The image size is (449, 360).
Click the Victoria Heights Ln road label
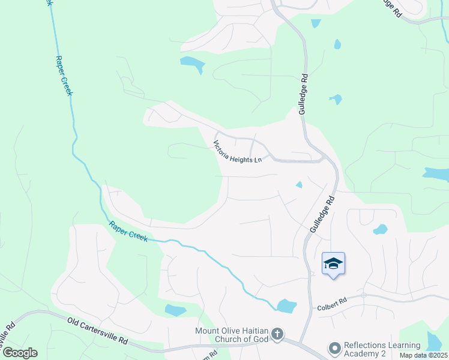[x=238, y=152]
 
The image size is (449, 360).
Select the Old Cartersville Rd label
[x=97, y=331]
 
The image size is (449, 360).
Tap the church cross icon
[x=277, y=333]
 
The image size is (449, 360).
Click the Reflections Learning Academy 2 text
[x=382, y=349]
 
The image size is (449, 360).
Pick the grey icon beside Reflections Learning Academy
[x=334, y=348]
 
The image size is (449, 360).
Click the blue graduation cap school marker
[x=333, y=263]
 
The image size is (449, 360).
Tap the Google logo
[x=19, y=353]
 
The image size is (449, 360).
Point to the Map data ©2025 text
[x=423, y=355]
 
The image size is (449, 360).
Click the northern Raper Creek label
[x=63, y=76]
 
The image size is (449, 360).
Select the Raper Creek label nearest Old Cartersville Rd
[x=128, y=230]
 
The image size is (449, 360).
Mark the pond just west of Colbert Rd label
[x=287, y=306]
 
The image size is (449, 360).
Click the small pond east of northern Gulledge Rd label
[x=335, y=99]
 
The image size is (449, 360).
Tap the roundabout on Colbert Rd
[x=364, y=295]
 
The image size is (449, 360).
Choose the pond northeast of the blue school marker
[x=380, y=229]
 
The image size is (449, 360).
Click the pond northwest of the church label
[x=175, y=310]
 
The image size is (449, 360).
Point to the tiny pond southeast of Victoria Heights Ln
[x=299, y=185]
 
